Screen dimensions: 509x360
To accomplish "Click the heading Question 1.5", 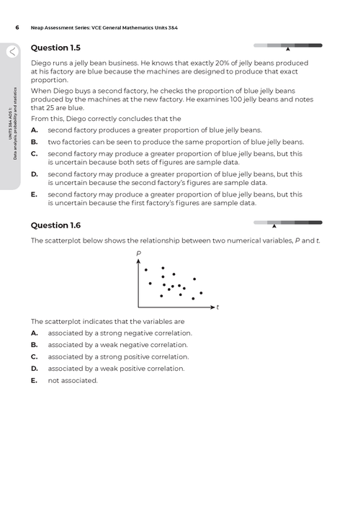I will tap(55, 48).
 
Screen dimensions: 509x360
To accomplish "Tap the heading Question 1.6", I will tap(55, 225).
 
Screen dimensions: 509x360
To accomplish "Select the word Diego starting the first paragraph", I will tap(42, 63).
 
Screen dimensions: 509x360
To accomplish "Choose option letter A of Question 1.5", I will tap(35, 130).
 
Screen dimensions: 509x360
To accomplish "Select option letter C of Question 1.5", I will tap(35, 153).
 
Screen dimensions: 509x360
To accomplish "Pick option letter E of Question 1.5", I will tap(35, 194).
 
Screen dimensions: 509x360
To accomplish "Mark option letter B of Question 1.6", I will tap(35, 345).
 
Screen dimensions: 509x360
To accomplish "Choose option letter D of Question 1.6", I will tap(35, 368).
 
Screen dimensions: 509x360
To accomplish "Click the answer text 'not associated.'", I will tap(72, 380).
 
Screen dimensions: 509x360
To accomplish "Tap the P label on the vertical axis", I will tap(138, 253).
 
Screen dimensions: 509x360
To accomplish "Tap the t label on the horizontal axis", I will tap(217, 307).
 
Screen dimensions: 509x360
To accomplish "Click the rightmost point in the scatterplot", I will tap(201, 292).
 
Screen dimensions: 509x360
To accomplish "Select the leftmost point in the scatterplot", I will tap(146, 270).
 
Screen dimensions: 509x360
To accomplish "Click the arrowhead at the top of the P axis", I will tap(138, 261).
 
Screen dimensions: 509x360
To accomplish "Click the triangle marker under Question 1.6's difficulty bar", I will tap(274, 227).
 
